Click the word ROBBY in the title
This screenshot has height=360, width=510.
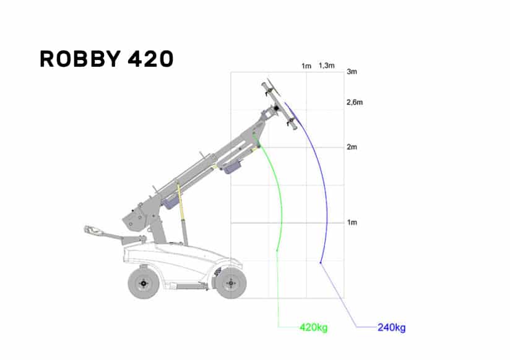pyautogui.click(x=80, y=59)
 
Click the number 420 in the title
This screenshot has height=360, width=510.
pyautogui.click(x=150, y=59)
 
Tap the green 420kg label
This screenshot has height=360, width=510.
pyautogui.click(x=314, y=327)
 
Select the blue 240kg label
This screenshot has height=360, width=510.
pyautogui.click(x=391, y=327)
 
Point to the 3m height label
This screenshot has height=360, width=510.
pyautogui.click(x=352, y=72)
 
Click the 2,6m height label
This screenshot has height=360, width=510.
pyautogui.click(x=355, y=102)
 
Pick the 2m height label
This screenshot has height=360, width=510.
pyautogui.click(x=352, y=147)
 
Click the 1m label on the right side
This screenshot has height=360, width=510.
pyautogui.click(x=352, y=223)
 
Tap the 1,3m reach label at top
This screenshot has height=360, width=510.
pyautogui.click(x=327, y=66)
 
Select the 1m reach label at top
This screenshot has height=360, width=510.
pyautogui.click(x=306, y=66)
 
